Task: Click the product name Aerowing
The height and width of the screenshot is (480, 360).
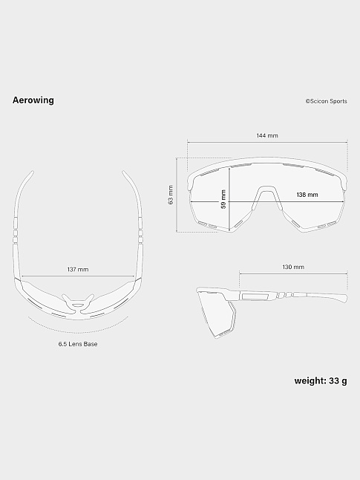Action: tap(33, 100)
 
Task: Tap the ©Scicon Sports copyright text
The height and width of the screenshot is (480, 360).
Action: tap(325, 102)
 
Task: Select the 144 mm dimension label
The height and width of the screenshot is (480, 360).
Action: tap(267, 136)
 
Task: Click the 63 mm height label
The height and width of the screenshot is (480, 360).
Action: tap(171, 195)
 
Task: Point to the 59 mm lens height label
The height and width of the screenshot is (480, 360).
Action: tap(223, 199)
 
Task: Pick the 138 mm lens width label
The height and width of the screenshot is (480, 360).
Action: tap(307, 195)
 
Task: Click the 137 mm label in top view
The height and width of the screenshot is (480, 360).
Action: tap(78, 269)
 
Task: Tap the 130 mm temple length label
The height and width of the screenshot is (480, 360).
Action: tap(293, 267)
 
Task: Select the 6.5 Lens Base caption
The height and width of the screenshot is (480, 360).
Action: tap(78, 344)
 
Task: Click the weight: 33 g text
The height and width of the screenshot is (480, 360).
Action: tap(321, 381)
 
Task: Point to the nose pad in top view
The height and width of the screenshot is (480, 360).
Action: tap(78, 302)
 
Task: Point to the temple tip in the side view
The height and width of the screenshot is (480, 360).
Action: tap(342, 299)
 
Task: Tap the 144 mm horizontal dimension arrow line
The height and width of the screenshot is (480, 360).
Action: tap(267, 143)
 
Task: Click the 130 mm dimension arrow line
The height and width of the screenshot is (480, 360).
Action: tap(293, 274)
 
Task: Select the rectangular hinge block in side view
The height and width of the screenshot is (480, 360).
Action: tap(255, 296)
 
